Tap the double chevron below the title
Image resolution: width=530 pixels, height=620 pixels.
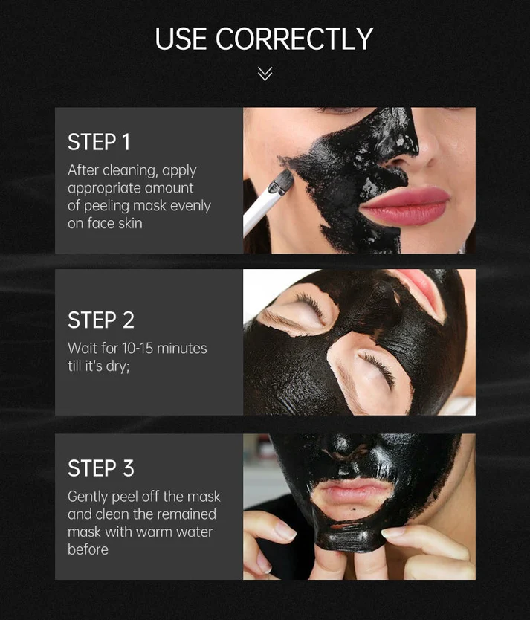pos(265,73)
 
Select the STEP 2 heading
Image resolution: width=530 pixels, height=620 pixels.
pos(101,320)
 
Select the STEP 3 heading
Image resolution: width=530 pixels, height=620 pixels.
pos(101,468)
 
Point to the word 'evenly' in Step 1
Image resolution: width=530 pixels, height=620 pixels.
pos(190,206)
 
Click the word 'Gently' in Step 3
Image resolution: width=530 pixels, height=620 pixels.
pos(88,497)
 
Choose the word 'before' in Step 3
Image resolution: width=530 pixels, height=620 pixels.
pos(88,550)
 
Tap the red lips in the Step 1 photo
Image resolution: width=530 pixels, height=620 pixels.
pos(405,204)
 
